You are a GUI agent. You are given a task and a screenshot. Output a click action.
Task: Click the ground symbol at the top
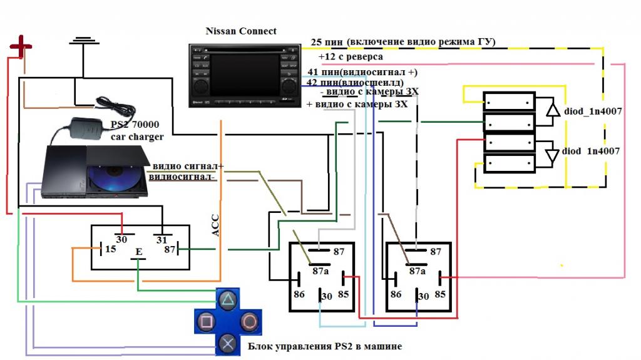point(85,42)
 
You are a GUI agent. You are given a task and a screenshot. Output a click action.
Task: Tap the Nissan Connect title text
point(241,31)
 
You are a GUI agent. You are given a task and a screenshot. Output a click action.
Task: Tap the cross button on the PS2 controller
point(228,343)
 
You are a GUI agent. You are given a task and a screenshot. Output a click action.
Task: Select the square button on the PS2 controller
point(207,322)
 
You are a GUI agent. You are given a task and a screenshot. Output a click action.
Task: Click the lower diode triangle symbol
point(552,155)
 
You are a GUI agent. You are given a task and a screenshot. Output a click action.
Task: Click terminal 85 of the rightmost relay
point(441,293)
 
